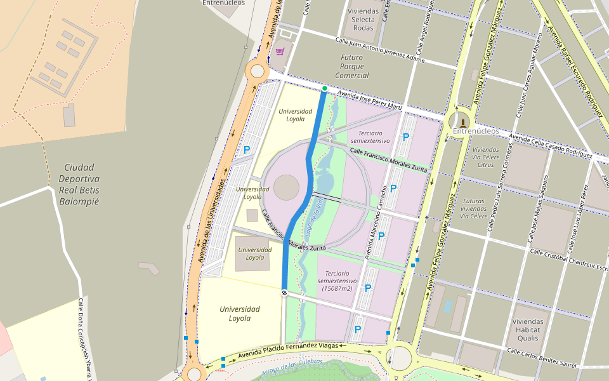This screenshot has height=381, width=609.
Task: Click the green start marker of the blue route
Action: (324, 88)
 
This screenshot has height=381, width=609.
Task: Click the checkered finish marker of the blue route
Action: (284, 292)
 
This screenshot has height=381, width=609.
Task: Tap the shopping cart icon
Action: (279, 51)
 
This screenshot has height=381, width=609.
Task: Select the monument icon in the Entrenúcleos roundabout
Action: (463, 122)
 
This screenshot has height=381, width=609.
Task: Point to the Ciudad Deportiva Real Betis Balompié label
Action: (79, 185)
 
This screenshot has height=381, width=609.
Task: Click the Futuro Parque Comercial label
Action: (351, 66)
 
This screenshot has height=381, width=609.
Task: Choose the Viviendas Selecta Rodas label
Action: (363, 20)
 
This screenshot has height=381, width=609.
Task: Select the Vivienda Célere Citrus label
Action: (485, 157)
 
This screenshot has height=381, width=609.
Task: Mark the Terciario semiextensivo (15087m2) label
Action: (337, 280)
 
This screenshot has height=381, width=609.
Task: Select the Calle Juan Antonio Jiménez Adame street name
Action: (379, 50)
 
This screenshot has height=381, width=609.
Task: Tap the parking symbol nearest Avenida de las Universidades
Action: (247, 150)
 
